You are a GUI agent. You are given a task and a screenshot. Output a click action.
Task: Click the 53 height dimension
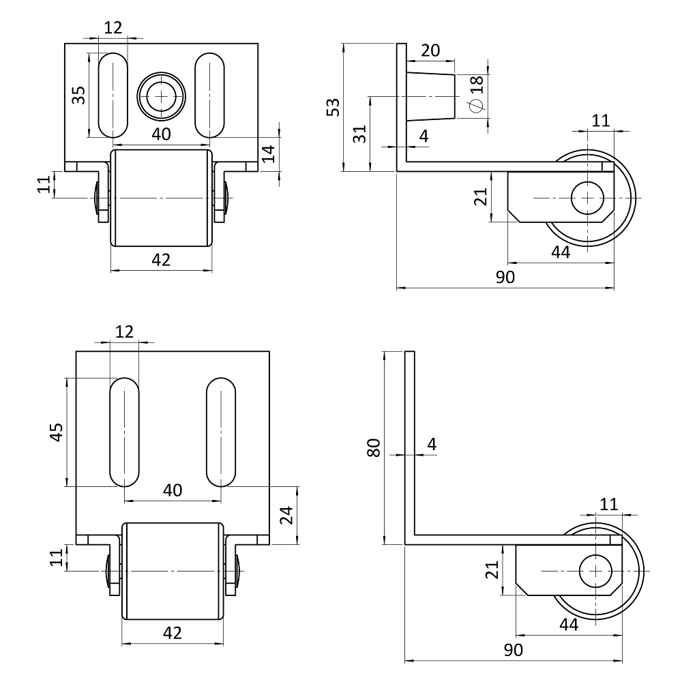click(x=333, y=107)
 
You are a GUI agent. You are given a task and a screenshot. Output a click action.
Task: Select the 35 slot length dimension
click(x=78, y=95)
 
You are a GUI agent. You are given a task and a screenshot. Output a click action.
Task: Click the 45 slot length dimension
click(x=57, y=432)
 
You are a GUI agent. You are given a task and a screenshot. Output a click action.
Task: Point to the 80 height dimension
click(x=374, y=447)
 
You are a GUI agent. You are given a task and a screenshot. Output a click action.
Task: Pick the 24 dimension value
click(x=286, y=515)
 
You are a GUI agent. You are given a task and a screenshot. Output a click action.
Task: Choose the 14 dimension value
click(x=268, y=153)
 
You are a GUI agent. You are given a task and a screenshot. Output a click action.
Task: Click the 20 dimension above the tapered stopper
click(x=430, y=50)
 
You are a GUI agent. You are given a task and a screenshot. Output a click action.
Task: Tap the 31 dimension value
click(x=359, y=134)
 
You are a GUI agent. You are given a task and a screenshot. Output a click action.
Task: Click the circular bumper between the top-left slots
click(x=162, y=95)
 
